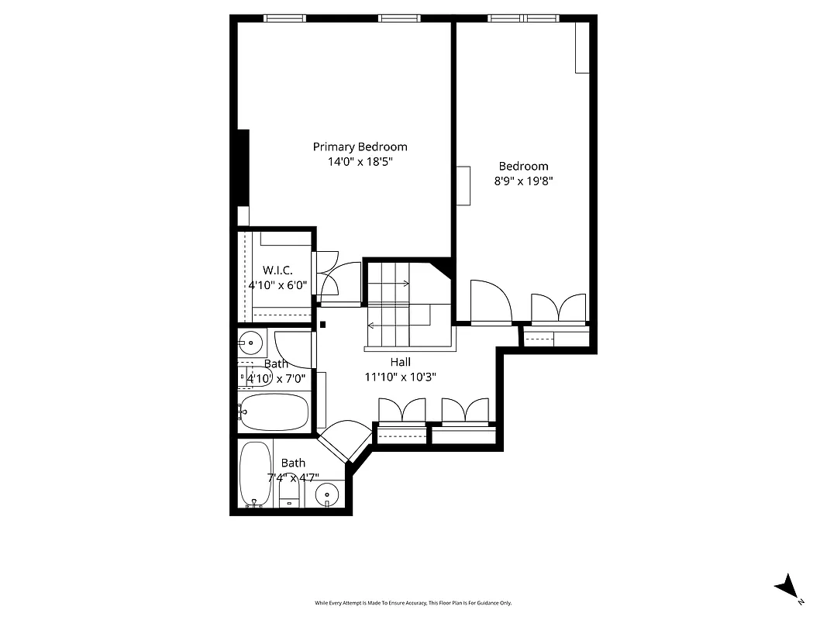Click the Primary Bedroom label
[x=360, y=146]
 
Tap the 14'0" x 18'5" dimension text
[x=360, y=162]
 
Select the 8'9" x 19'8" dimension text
[x=523, y=181]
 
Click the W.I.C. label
[x=277, y=270]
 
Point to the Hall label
[x=400, y=362]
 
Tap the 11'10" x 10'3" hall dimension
[x=400, y=377]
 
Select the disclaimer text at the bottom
[x=413, y=603]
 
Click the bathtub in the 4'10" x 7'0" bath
[x=274, y=412]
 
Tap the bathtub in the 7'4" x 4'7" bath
[x=255, y=474]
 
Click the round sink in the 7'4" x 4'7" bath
[x=329, y=493]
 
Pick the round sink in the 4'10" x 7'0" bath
[x=250, y=340]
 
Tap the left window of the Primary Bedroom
[x=284, y=18]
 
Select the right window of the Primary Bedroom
[x=399, y=18]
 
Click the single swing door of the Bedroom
[x=490, y=301]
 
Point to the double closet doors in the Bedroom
[x=558, y=308]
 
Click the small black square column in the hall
[x=323, y=325]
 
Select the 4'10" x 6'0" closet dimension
[x=277, y=285]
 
